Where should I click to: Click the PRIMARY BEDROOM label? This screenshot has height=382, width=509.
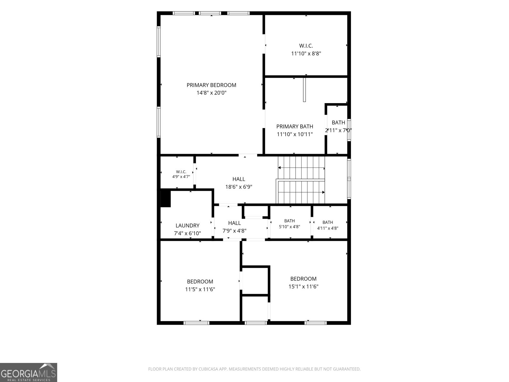[211, 85]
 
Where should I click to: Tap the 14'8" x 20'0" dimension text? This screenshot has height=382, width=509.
[211, 93]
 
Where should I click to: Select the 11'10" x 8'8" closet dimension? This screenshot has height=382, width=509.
[306, 53]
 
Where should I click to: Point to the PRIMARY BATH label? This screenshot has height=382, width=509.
[295, 126]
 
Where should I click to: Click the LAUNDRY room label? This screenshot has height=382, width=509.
[187, 225]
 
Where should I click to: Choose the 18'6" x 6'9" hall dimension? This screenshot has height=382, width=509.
[239, 187]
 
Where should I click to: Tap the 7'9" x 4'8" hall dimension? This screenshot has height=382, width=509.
[234, 231]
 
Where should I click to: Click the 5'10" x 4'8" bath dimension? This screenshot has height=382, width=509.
[289, 227]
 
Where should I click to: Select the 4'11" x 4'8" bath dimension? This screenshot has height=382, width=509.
[327, 228]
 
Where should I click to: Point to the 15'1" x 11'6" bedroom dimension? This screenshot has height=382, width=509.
[303, 286]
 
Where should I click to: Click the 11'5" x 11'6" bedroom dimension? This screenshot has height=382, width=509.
[200, 289]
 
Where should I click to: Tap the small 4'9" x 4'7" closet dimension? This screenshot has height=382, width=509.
[181, 176]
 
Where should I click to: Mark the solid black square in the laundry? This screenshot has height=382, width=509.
[165, 199]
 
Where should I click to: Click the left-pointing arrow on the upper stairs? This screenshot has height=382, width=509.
[301, 168]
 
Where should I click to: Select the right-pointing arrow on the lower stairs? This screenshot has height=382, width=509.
[301, 192]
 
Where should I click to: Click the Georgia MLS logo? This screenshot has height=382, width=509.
[29, 372]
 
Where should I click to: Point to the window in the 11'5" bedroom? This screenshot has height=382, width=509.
[196, 322]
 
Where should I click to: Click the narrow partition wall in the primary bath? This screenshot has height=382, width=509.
[304, 90]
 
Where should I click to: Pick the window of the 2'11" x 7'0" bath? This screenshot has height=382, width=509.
[349, 130]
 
